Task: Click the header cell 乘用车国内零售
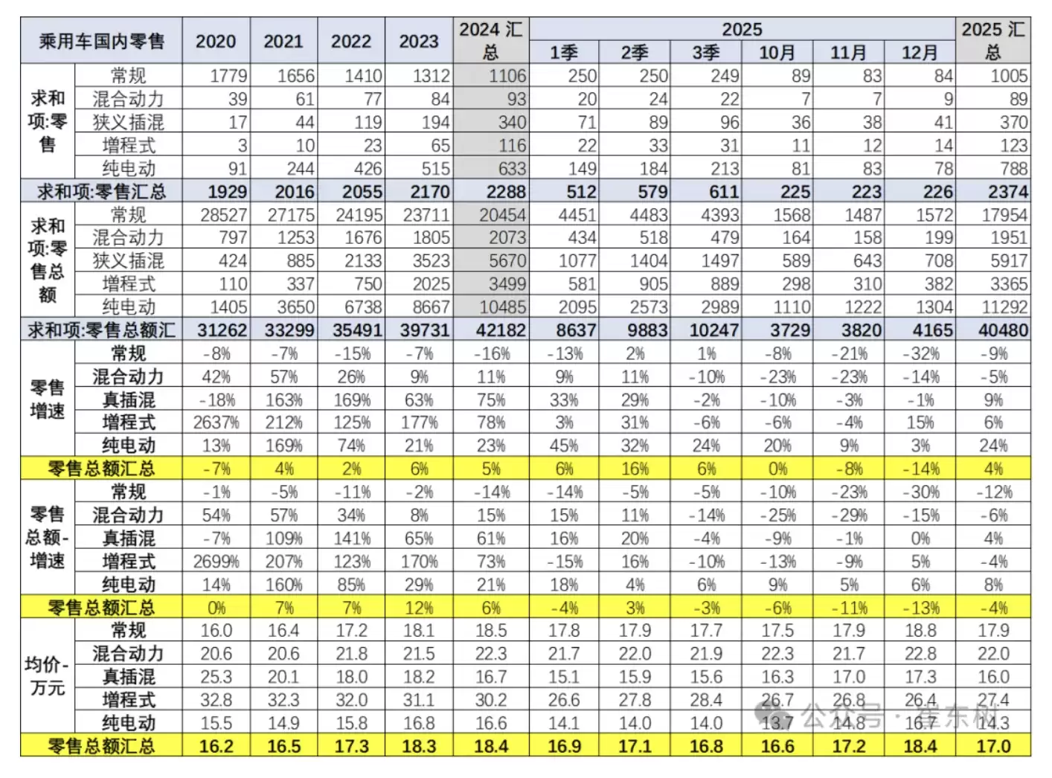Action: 101,41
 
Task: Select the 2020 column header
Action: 216,41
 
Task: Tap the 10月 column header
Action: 777,53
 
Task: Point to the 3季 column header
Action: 705,53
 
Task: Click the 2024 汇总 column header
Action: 491,41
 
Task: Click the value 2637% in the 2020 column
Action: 216,422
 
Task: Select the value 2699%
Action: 216,562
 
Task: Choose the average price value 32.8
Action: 216,700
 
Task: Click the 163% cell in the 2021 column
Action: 283,399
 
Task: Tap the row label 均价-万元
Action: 47,676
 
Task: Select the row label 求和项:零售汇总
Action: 101,192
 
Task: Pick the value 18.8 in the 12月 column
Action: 920,631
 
